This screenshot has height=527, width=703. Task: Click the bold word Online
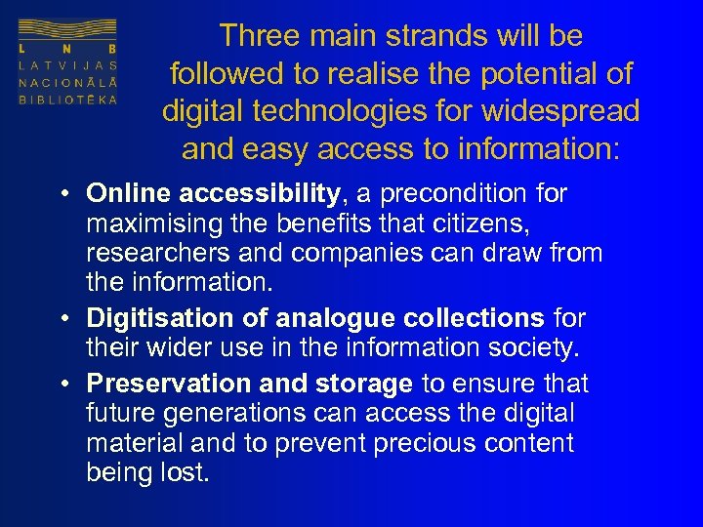pos(128,193)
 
